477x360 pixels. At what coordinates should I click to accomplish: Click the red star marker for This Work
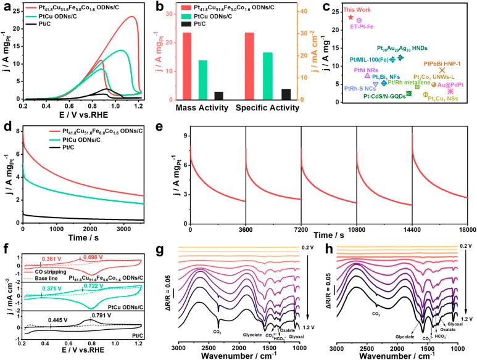351,17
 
